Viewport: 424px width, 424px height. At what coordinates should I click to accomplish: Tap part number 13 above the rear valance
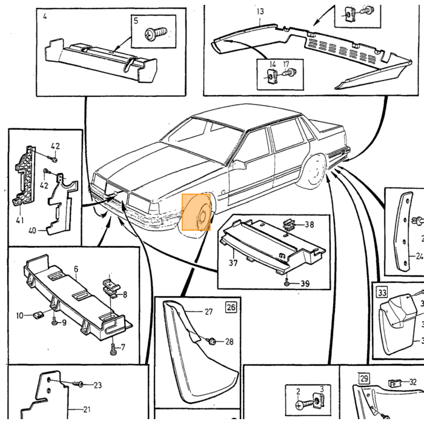260,12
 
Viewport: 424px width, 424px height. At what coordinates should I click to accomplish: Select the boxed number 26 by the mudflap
231,307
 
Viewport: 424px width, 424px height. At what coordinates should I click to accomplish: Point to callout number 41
20,220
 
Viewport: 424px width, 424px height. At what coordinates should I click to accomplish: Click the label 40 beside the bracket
32,231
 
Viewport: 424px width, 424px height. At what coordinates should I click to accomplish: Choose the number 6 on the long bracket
76,269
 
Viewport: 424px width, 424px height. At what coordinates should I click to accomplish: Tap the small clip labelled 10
38,315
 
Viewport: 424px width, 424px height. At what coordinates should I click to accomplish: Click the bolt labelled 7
113,349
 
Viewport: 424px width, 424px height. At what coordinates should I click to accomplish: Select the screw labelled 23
78,384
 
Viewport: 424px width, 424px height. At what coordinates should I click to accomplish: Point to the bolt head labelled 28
212,342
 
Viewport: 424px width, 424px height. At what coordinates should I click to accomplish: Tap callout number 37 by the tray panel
233,262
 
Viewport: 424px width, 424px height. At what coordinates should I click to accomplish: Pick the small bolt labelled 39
287,283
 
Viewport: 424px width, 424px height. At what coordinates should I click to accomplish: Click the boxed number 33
382,293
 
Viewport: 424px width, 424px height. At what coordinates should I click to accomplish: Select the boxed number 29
364,378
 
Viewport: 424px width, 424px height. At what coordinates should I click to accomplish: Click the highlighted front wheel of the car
196,212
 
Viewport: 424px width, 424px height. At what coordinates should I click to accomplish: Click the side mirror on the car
239,165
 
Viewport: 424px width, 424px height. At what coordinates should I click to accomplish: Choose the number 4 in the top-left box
45,16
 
